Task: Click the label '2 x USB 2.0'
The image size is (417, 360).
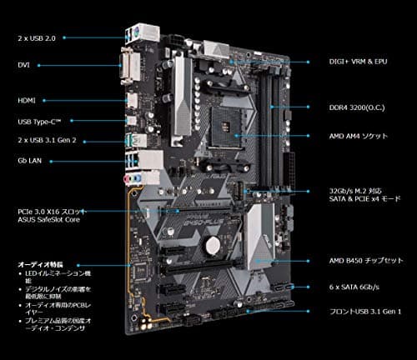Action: point(36,38)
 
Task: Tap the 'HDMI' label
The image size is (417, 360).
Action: point(26,100)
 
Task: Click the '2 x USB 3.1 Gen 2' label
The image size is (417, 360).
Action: point(47,141)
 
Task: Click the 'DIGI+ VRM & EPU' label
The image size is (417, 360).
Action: point(358,62)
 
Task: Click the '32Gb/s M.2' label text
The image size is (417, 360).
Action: point(359,190)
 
